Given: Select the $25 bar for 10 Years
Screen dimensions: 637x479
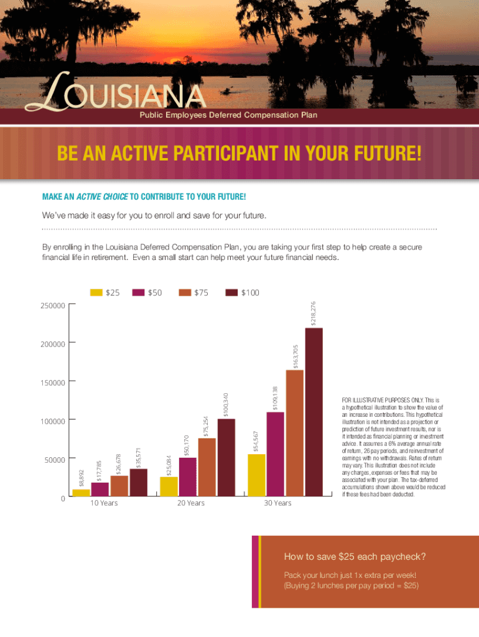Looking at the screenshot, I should coord(81,493).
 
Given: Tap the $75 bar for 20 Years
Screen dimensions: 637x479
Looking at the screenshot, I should coord(207,467).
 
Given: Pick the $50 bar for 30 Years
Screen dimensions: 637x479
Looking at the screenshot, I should coord(275,454).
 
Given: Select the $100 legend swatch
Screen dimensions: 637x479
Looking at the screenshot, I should coord(232,292).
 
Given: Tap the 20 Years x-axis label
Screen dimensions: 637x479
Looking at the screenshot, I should coord(190,503).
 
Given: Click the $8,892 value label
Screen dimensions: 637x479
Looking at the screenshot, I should coord(81,478).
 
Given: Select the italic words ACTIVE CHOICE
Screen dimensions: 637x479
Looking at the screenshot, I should coord(102,197).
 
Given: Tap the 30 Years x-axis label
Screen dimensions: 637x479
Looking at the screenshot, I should coord(278,503).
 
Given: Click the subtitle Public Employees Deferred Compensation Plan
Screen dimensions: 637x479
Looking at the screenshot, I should coord(228,115).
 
